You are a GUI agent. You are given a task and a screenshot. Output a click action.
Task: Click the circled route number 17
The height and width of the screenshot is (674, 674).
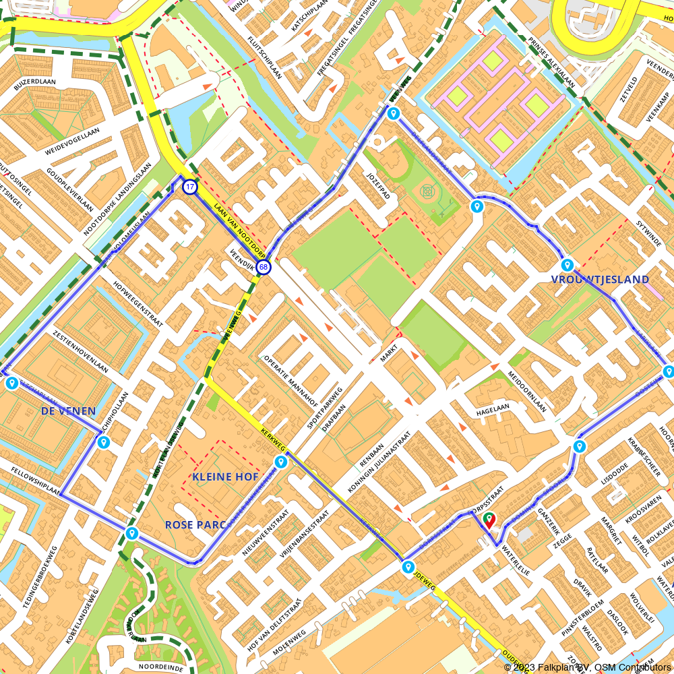190,187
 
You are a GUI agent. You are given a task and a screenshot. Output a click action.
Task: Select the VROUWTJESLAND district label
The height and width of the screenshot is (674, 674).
600,279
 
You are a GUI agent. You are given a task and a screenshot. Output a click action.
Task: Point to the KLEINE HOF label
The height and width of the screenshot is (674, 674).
225,477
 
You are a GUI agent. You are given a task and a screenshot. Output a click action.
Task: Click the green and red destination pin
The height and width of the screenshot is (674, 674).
489,520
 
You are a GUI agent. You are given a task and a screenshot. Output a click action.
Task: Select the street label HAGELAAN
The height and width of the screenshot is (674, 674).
493,408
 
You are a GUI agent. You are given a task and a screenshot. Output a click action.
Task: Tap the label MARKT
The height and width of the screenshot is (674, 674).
389,350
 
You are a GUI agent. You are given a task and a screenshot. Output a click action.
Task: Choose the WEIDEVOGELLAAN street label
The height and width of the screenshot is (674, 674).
72,139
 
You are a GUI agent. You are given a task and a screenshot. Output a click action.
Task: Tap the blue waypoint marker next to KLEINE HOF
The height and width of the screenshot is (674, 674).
280,462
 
